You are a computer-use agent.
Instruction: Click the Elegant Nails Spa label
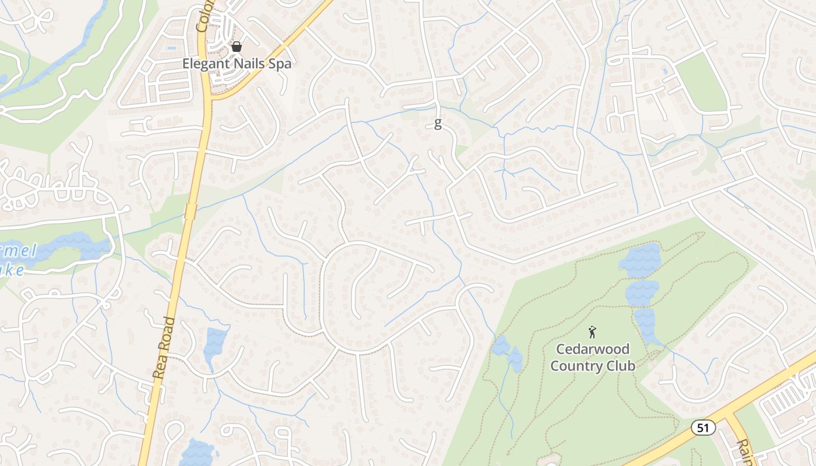click(x=237, y=63)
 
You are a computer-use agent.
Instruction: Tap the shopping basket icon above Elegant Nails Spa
click(x=237, y=47)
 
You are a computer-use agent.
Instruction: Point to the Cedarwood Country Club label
click(x=593, y=357)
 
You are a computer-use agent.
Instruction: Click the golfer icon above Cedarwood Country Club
click(x=593, y=332)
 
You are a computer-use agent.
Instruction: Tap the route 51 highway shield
click(x=704, y=428)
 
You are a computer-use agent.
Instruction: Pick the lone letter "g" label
click(x=438, y=123)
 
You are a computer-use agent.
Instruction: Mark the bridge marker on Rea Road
click(x=190, y=211)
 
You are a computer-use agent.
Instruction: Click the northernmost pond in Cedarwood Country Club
click(x=641, y=260)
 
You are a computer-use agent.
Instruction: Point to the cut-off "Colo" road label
click(x=205, y=15)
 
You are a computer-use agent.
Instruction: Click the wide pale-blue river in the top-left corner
click(x=70, y=52)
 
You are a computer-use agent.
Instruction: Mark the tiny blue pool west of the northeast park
click(x=666, y=70)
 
